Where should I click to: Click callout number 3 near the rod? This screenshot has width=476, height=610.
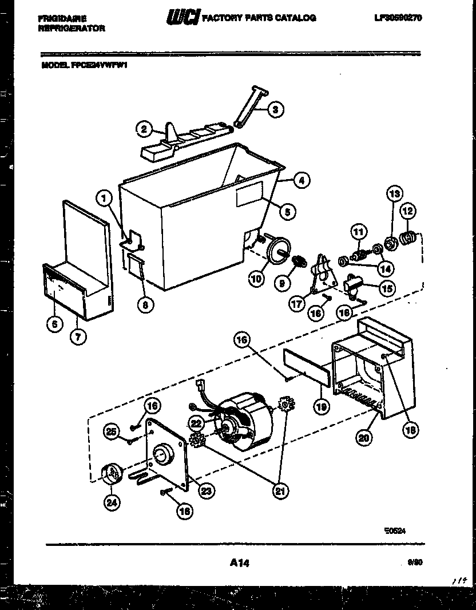(276, 109)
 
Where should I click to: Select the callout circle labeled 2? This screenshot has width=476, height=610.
(145, 129)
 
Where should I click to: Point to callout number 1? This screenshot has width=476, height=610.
(104, 199)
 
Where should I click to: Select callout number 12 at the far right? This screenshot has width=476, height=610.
(408, 211)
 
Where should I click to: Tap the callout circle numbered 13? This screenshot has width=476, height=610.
(395, 193)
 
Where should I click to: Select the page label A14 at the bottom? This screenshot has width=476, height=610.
(240, 563)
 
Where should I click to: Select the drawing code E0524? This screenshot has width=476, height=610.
(395, 530)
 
